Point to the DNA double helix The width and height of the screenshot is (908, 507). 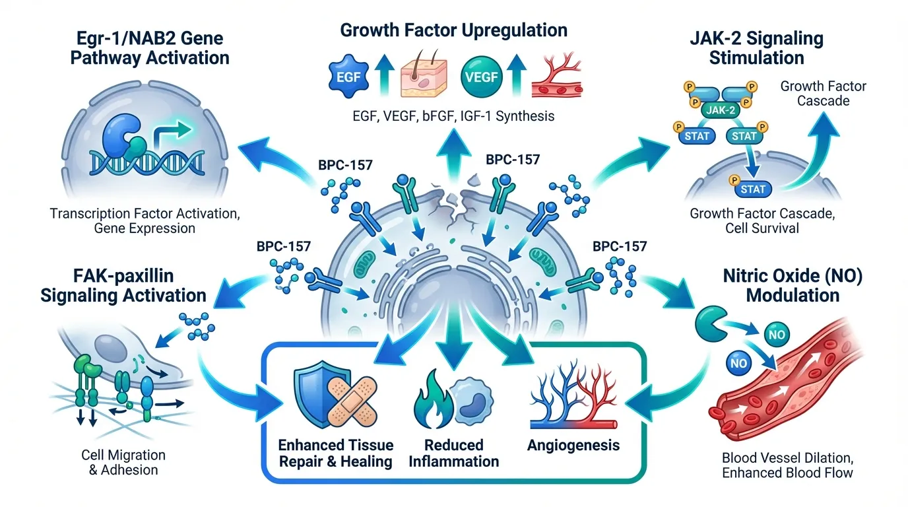tap(142, 158)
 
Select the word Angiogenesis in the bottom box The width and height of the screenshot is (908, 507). tap(573, 445)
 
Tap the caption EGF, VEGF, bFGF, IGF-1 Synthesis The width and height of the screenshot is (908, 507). tap(454, 116)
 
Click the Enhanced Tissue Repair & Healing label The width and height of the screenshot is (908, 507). tap(336, 452)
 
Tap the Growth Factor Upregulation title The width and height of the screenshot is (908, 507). tap(454, 30)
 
